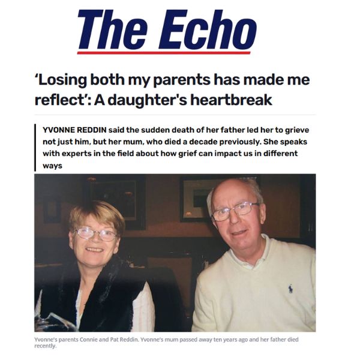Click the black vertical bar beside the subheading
(x=36, y=148)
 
